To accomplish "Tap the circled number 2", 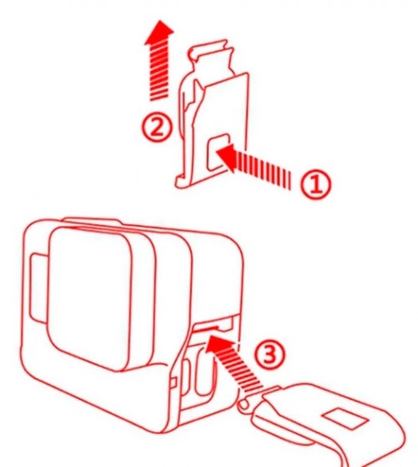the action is (156, 129).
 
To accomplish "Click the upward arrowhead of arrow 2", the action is (159, 33).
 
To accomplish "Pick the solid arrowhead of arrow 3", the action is (218, 345).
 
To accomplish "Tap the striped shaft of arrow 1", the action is (263, 172).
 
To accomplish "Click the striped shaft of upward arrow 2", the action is (159, 72).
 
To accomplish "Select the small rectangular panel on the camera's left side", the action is (38, 287).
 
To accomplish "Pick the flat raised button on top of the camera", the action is (92, 221).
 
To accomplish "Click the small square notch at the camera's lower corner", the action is (174, 383).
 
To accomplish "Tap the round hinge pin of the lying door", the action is (243, 404).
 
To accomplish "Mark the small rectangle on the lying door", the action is (346, 419).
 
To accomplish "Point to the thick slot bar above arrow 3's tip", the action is (206, 328).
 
